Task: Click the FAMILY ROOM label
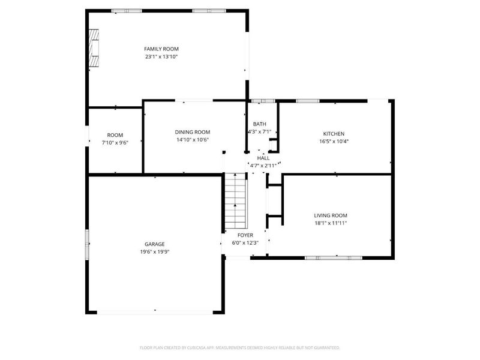[161, 49]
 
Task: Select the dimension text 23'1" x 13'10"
[161, 56]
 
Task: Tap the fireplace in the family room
[94, 48]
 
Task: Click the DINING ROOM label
[193, 132]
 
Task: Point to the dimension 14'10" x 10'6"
[193, 140]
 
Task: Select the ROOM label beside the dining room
[115, 135]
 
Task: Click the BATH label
[260, 124]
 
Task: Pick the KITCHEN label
[334, 134]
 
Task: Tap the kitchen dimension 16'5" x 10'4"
[334, 142]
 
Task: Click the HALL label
[263, 158]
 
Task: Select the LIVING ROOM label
[331, 215]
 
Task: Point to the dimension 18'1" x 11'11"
[331, 223]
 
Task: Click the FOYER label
[245, 235]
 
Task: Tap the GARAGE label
[155, 244]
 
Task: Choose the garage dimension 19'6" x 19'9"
[155, 252]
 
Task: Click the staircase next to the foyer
[236, 200]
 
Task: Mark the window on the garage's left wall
[87, 244]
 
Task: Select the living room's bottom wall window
[334, 258]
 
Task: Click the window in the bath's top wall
[263, 101]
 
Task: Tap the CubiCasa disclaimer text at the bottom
[239, 348]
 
